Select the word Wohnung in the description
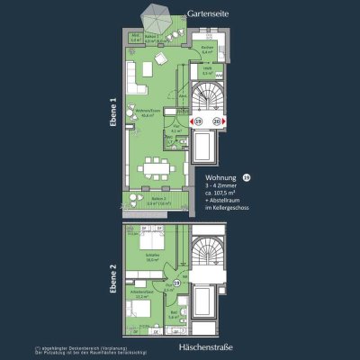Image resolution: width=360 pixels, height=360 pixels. [220, 178]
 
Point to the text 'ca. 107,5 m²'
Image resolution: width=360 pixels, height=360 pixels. [224, 198]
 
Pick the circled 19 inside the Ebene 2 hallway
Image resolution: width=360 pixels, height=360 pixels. [177, 283]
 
